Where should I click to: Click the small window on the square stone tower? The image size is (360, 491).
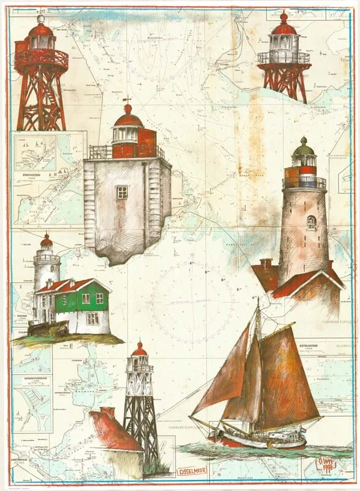[x=122, y=191]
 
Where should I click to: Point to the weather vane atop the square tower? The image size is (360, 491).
[x=126, y=99]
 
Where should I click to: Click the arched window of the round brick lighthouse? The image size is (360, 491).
[x=310, y=221]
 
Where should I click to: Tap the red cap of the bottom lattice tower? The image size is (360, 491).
[x=139, y=349]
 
